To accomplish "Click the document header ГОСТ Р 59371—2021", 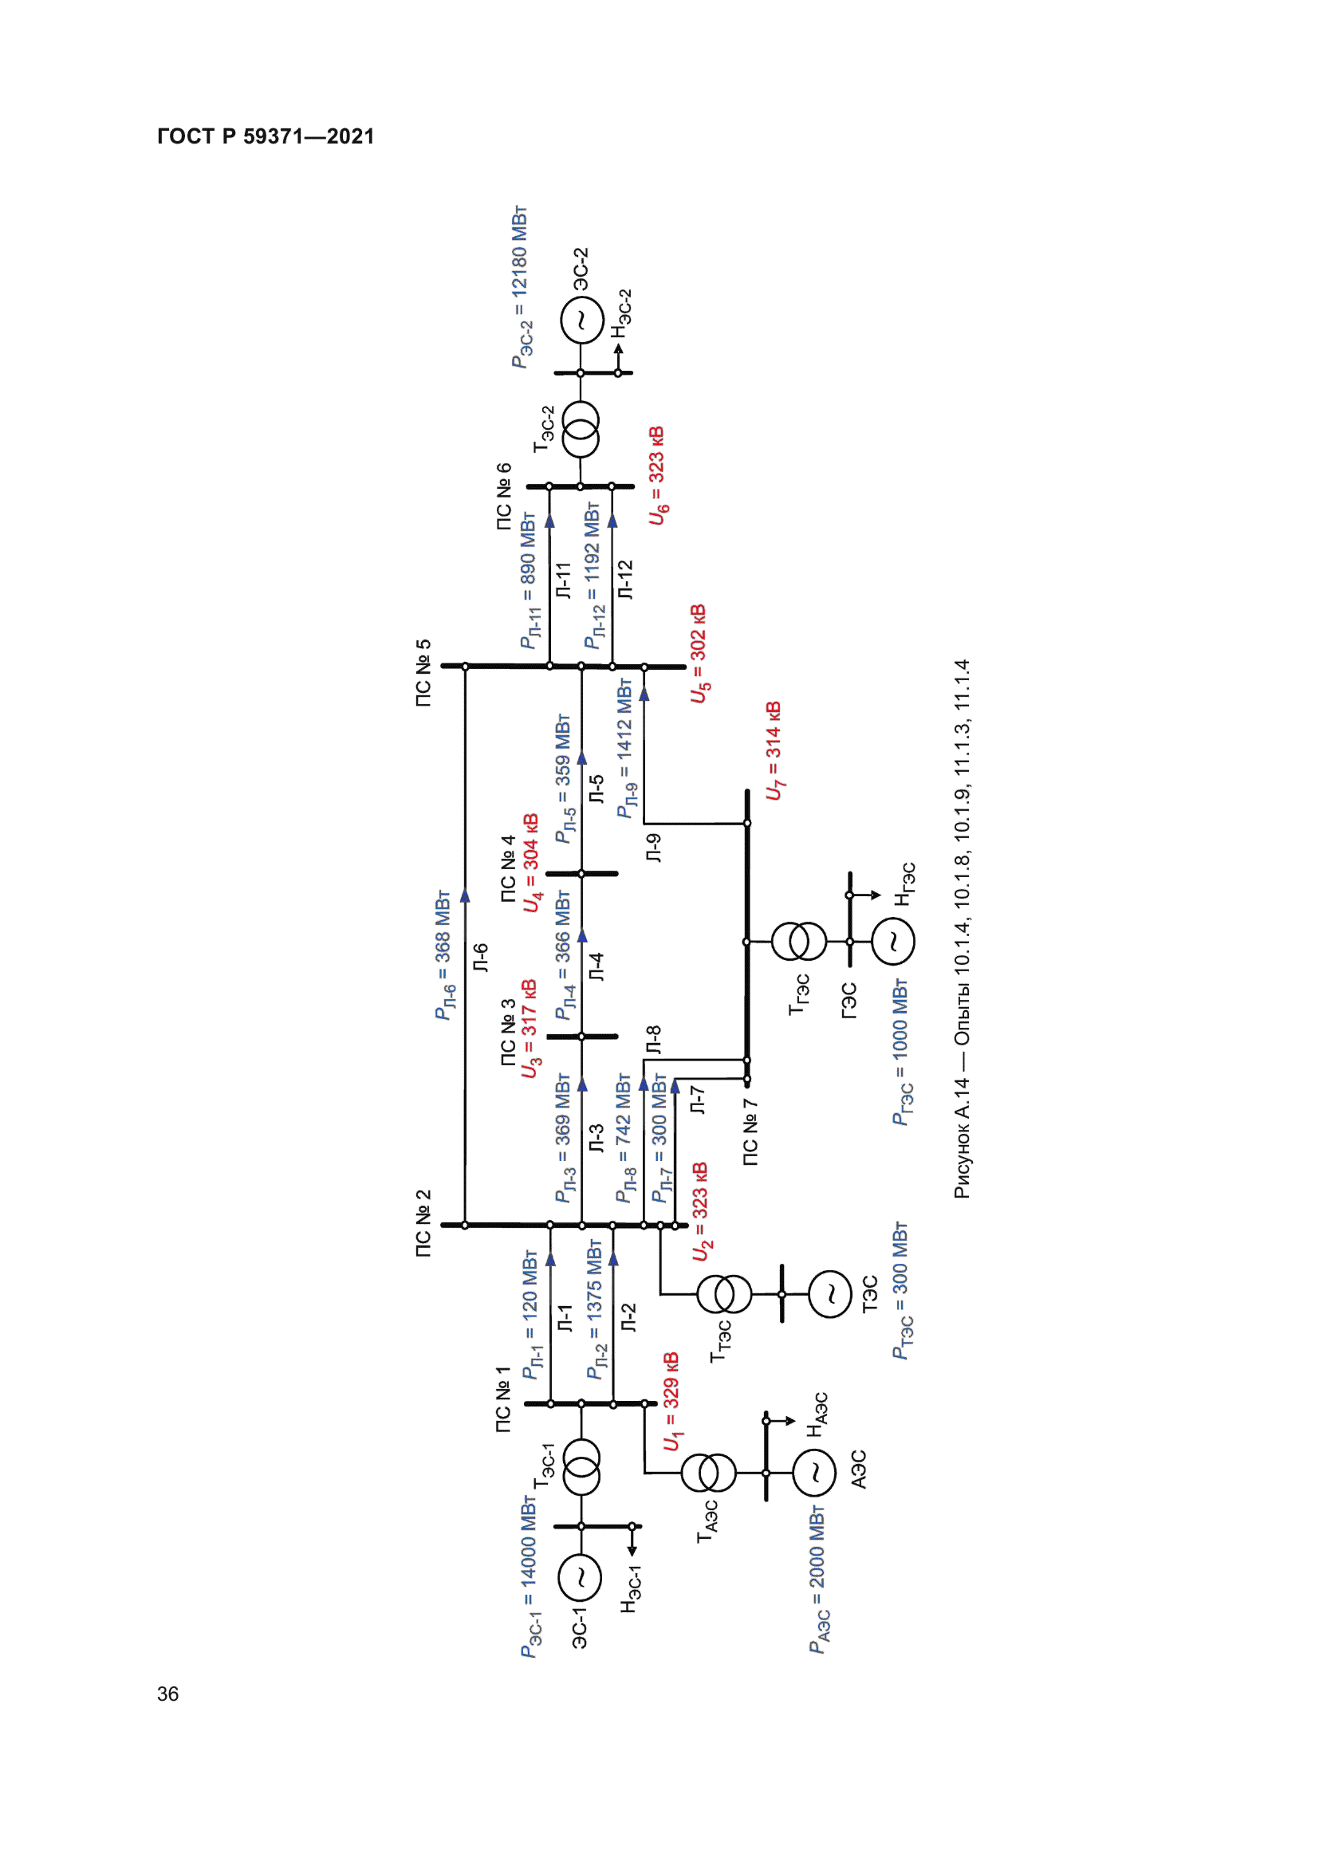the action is tap(266, 136).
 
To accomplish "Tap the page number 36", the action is tap(168, 1694).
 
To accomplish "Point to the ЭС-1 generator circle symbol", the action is tap(580, 1577).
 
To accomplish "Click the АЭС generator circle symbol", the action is tap(814, 1473).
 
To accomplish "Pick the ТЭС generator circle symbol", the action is tap(830, 1294).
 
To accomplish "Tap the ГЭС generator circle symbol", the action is tap(892, 942).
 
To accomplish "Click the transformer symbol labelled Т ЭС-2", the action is tap(581, 430).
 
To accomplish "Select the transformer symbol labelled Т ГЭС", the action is tap(799, 942).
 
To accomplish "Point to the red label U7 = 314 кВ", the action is tap(774, 750).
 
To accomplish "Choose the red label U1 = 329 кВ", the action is tap(671, 1401).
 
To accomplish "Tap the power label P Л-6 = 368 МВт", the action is tap(443, 954).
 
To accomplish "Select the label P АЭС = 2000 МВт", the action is tap(818, 1580).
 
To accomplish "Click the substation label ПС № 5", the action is tap(423, 673).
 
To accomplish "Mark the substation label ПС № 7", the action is tap(750, 1132).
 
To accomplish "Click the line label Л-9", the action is tap(653, 848).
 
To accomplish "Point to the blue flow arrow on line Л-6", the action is tap(466, 895).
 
